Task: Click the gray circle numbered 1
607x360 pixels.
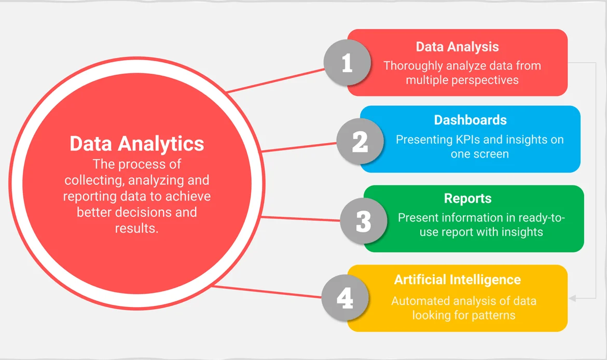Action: [x=347, y=63]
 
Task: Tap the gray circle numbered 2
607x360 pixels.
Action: [x=360, y=141]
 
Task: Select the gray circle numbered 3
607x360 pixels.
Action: [x=364, y=221]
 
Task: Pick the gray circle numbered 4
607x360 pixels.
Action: [x=345, y=298]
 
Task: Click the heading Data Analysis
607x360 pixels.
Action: [x=457, y=47]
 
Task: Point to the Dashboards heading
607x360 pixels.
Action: [x=470, y=120]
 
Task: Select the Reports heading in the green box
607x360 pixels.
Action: [x=467, y=199]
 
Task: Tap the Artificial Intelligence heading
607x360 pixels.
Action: [x=457, y=280]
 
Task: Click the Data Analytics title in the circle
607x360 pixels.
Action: [x=137, y=144]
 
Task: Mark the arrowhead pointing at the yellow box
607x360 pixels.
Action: [x=573, y=298]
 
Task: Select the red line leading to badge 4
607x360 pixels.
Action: [x=267, y=292]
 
